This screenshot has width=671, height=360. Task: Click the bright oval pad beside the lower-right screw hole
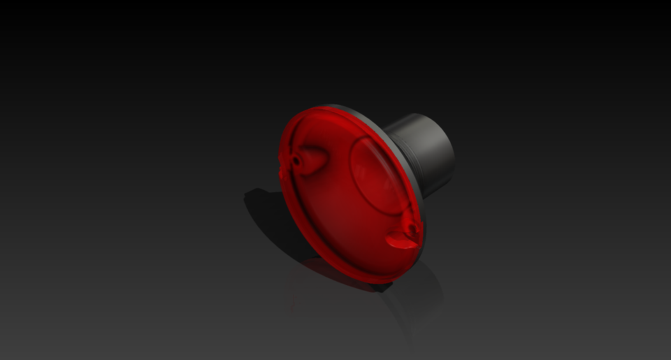click(x=399, y=241)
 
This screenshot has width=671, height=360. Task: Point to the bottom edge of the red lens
click(x=363, y=278)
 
